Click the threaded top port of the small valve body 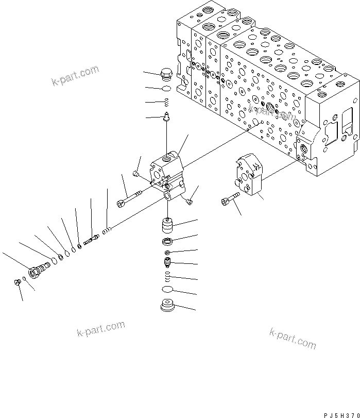tap(165, 157)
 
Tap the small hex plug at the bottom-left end tap(17, 281)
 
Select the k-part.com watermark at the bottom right tap(292, 338)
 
